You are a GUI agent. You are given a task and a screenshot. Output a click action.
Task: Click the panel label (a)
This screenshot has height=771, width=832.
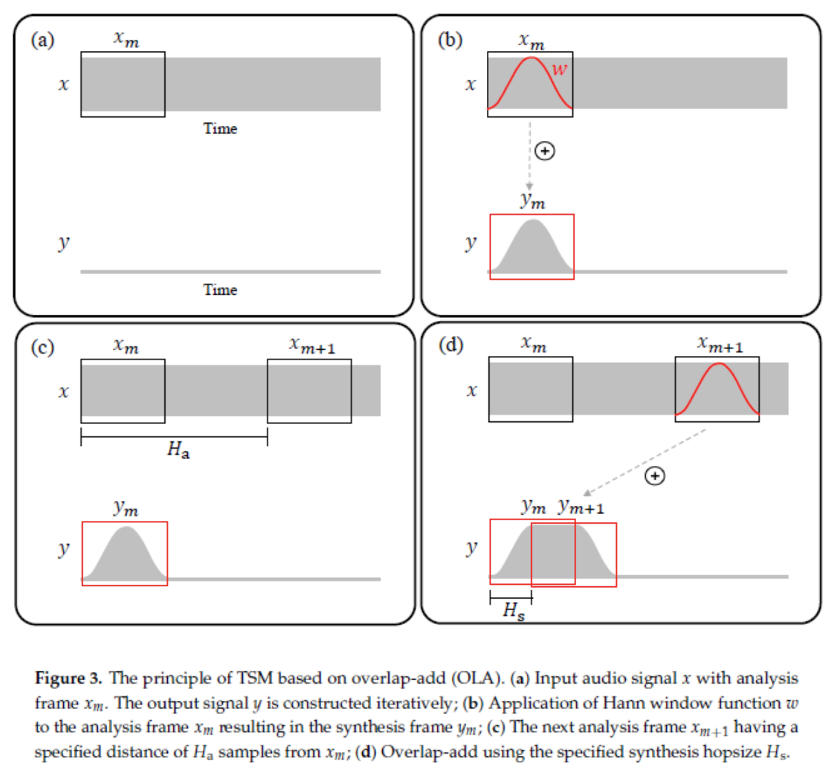pyautogui.click(x=42, y=40)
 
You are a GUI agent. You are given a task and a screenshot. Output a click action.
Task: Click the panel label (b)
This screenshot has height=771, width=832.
pyautogui.click(x=450, y=40)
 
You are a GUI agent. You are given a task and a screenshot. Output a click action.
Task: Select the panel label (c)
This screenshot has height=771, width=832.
pyautogui.click(x=42, y=347)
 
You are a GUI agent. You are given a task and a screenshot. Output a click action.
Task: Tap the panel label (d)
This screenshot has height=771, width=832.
pyautogui.click(x=450, y=344)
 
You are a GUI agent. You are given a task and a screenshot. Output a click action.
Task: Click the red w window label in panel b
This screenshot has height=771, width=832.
pyautogui.click(x=560, y=69)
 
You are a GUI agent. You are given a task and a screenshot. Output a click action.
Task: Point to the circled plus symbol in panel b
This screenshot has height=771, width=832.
pyautogui.click(x=545, y=150)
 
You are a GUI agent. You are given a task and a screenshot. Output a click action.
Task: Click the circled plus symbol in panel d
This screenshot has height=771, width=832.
pyautogui.click(x=655, y=476)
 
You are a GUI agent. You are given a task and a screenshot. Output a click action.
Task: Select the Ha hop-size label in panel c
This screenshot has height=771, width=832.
pyautogui.click(x=178, y=450)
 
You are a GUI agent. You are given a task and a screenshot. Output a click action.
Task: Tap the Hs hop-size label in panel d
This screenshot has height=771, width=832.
pyautogui.click(x=513, y=610)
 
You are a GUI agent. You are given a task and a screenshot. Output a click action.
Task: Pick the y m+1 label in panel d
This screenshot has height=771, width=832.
pyautogui.click(x=581, y=508)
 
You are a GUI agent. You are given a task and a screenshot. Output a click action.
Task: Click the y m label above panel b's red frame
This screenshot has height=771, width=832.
pyautogui.click(x=533, y=201)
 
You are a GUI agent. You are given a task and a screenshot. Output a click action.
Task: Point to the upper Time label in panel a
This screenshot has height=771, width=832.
pyautogui.click(x=220, y=128)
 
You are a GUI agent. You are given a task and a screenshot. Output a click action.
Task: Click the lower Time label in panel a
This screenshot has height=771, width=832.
pyautogui.click(x=220, y=290)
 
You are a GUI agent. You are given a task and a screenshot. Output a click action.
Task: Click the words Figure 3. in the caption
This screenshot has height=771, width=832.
pyautogui.click(x=68, y=678)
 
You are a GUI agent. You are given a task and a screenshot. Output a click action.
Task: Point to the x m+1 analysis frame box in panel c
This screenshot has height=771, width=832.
pyautogui.click(x=309, y=391)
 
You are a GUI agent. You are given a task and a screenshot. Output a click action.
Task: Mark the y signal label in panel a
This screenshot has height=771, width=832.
pyautogui.click(x=63, y=243)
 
